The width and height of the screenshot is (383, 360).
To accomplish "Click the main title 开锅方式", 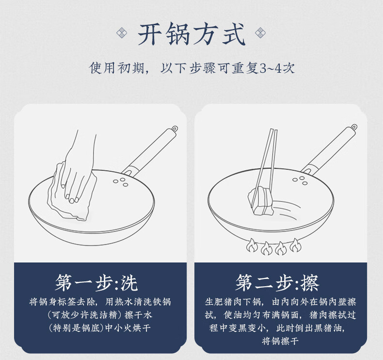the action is click(191, 34).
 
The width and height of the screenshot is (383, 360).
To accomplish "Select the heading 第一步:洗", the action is click(96, 283).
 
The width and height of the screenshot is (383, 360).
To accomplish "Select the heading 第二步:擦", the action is click(277, 283).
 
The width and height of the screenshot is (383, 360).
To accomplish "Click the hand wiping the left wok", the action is click(77, 169).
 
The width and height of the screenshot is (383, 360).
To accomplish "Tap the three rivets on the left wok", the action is click(121, 182).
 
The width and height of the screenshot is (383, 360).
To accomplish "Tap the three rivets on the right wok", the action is click(300, 180).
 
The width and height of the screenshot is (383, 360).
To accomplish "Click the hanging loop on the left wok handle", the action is click(175, 129).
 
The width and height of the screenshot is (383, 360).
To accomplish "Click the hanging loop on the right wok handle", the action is click(354, 127).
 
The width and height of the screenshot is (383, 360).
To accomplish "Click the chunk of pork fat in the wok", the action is click(261, 201).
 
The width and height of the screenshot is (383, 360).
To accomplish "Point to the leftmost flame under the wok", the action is click(252, 246).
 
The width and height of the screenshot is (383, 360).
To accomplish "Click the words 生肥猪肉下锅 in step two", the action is click(233, 302).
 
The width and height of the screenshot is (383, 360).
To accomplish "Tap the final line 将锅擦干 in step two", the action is click(280, 341).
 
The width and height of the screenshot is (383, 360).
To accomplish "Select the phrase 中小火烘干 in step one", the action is click(128, 328).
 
